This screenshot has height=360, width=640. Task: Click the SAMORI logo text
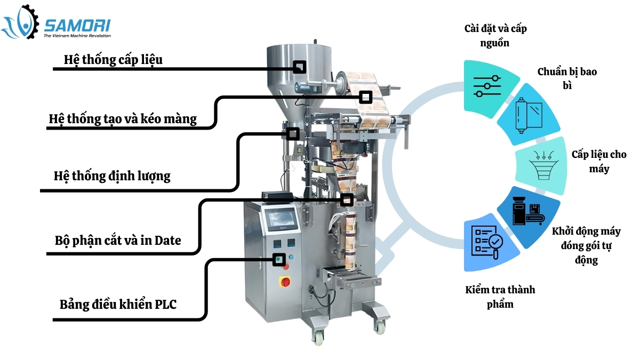(x=77, y=25)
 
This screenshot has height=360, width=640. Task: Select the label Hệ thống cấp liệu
(x=113, y=59)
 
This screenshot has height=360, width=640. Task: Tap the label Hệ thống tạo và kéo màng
(x=123, y=118)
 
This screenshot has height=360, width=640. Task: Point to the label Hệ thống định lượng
(x=112, y=175)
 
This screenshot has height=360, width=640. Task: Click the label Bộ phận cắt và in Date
(x=118, y=241)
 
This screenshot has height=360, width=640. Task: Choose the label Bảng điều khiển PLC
(x=118, y=305)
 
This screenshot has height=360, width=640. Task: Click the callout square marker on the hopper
(x=300, y=67)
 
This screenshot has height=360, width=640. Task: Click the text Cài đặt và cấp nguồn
(x=494, y=35)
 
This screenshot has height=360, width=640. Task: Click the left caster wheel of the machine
(x=318, y=337)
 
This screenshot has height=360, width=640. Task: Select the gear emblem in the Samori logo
(x=21, y=22)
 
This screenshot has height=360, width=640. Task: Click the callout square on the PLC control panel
(x=278, y=260)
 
